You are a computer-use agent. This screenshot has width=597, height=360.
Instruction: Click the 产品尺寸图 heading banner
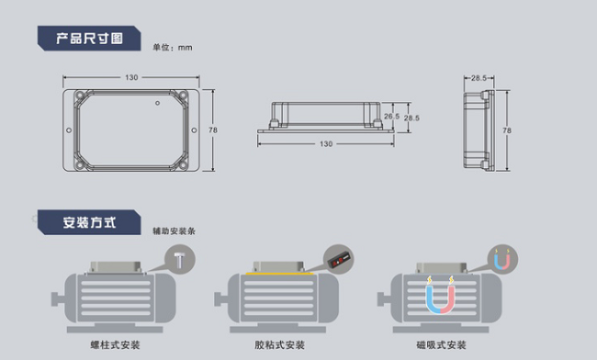[89, 38]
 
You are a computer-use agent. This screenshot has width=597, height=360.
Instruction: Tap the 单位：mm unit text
[173, 47]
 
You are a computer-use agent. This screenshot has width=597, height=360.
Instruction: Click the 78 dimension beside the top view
[213, 130]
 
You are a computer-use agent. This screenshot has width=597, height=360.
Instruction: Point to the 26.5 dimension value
[392, 117]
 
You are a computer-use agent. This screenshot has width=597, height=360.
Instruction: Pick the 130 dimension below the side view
[326, 143]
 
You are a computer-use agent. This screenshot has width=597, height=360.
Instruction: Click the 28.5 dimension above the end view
[479, 79]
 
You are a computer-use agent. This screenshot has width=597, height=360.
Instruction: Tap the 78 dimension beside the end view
[507, 130]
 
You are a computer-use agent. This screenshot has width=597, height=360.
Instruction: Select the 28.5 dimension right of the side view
[412, 118]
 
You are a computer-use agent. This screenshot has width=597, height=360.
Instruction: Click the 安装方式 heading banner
[89, 222]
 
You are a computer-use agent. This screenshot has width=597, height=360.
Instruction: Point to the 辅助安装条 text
[175, 231]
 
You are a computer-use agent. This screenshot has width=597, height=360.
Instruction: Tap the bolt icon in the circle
[178, 260]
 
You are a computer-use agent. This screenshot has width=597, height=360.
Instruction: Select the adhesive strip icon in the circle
[341, 260]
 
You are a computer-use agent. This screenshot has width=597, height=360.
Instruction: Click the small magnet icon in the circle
[501, 260]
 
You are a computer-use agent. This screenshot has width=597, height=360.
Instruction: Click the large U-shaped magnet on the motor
[440, 298]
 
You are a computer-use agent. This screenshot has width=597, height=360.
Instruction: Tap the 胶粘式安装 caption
[279, 345]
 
